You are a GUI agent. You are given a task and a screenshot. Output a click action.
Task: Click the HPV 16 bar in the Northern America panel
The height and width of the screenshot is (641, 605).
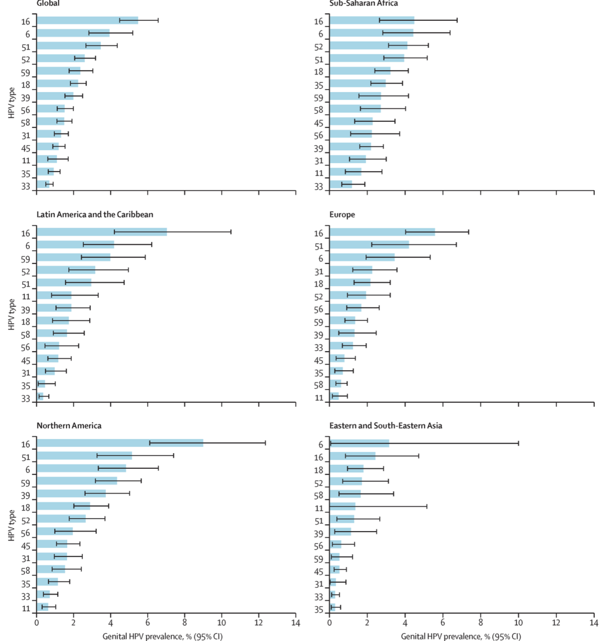(x=119, y=443)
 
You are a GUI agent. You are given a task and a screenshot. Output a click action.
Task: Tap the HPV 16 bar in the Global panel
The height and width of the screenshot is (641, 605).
(x=87, y=20)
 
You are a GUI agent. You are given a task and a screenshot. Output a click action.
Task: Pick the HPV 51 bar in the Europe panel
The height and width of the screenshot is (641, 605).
(x=369, y=245)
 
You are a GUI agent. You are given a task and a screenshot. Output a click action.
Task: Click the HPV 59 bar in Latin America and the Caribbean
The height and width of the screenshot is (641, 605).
(x=73, y=257)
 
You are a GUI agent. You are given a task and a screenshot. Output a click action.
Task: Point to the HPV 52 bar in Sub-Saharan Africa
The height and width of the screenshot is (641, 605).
(x=368, y=45)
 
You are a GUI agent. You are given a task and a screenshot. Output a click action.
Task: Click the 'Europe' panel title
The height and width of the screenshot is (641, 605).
(x=343, y=215)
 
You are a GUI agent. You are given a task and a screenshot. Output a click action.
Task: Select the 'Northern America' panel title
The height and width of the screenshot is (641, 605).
(x=69, y=426)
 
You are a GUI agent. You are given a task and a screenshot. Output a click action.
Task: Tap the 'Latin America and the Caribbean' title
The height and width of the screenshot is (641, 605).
(x=95, y=215)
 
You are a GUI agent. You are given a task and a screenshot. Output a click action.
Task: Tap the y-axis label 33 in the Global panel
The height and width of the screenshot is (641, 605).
(x=26, y=187)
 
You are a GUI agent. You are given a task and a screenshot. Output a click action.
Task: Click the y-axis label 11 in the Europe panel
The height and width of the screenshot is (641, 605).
(x=319, y=398)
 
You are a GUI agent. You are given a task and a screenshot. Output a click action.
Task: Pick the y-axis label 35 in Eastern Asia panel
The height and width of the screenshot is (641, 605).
(x=319, y=610)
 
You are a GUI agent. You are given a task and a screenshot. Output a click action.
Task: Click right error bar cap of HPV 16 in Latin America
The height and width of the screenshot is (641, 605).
(x=231, y=232)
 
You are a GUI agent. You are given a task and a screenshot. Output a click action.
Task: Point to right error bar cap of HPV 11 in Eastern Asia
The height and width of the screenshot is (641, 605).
(x=427, y=506)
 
